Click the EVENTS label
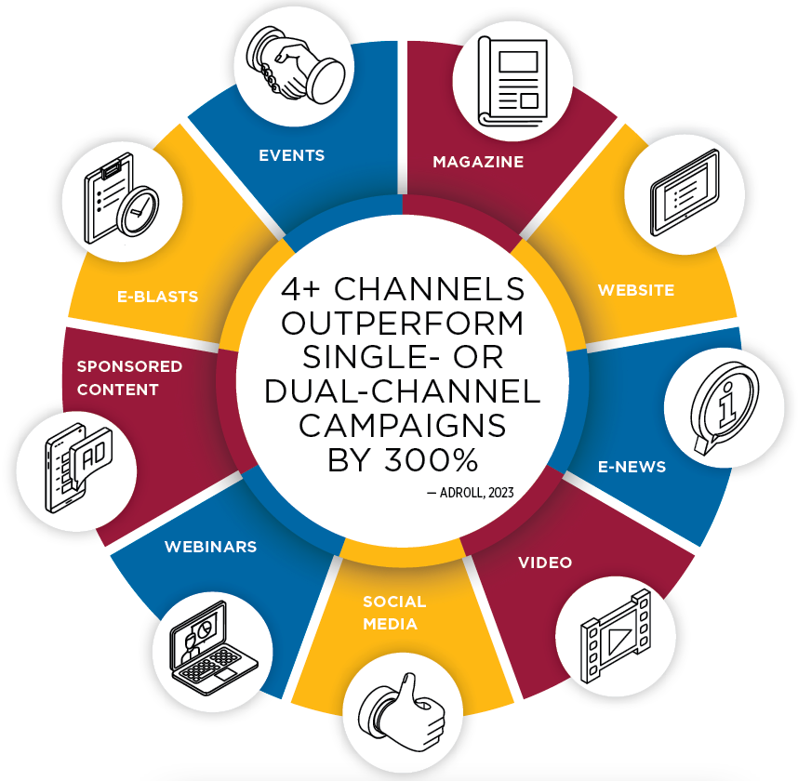click(x=292, y=155)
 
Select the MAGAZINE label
click(x=478, y=162)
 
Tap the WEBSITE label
click(x=636, y=290)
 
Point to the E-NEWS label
click(x=632, y=467)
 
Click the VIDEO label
click(x=545, y=563)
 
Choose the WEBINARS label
click(x=210, y=547)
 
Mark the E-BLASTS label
click(x=158, y=297)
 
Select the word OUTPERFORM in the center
click(x=402, y=324)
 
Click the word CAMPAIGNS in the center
click(x=402, y=426)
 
